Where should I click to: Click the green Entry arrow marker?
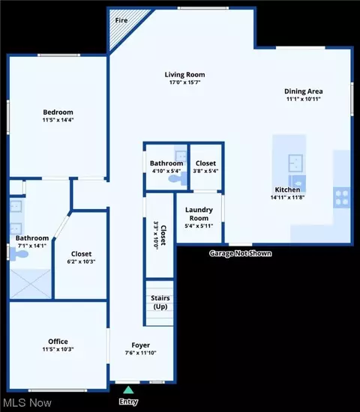(128, 390)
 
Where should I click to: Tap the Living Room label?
(184, 75)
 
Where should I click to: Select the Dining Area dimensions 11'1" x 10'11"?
(304, 99)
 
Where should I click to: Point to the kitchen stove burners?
(341, 198)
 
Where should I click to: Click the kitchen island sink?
(295, 163)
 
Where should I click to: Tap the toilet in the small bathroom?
(178, 179)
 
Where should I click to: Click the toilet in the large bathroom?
(19, 254)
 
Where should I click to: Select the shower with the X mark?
(30, 284)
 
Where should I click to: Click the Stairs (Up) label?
(160, 302)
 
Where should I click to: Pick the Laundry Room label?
(199, 214)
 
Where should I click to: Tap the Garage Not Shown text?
(240, 253)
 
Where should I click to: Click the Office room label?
(58, 342)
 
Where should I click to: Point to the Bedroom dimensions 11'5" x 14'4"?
(58, 120)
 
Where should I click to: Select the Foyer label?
(140, 345)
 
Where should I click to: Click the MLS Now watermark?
(27, 403)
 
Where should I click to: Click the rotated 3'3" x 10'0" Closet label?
(160, 235)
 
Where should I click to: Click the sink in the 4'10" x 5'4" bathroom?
(181, 156)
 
